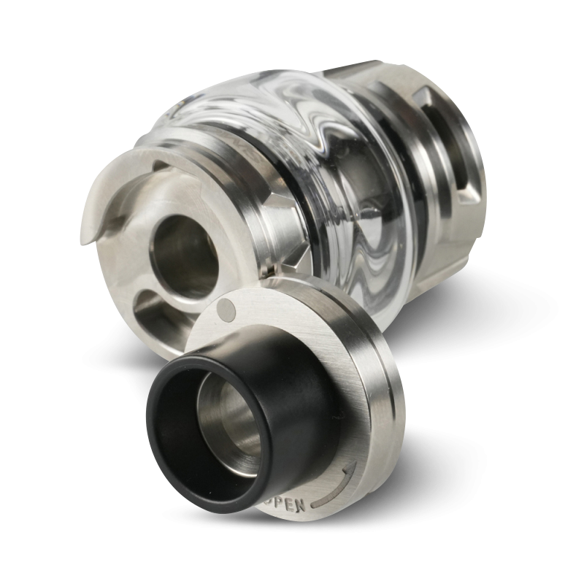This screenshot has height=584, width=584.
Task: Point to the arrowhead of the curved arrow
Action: click(x=350, y=466)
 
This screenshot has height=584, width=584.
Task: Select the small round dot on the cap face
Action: click(x=227, y=310)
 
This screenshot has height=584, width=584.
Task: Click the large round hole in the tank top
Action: click(x=185, y=253)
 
